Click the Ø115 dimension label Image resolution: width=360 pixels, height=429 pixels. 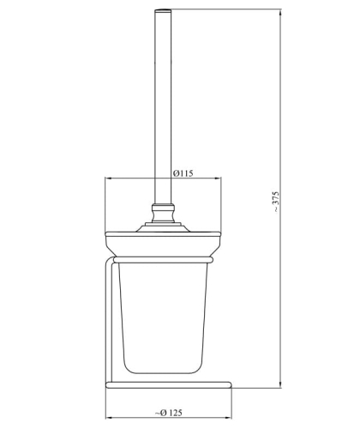(183, 173)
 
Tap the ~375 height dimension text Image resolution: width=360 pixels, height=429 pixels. (276, 202)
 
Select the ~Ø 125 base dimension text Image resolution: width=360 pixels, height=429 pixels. (169, 413)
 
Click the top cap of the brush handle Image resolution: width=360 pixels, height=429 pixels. (163, 11)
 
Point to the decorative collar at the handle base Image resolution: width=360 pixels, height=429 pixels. (163, 213)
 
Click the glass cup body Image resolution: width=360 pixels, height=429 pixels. (163, 317)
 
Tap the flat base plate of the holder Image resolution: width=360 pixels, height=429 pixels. (169, 384)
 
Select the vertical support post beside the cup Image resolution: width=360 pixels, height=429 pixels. (109, 320)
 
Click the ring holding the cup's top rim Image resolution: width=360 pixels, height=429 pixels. (163, 260)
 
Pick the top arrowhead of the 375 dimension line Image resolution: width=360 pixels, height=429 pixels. (280, 13)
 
